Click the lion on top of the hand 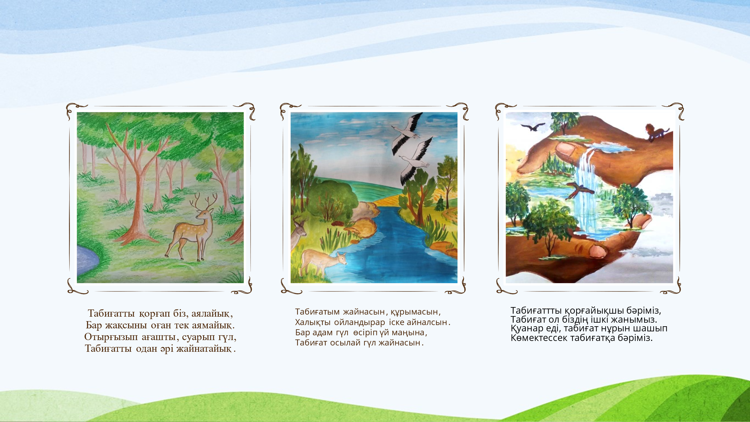pos(657,132)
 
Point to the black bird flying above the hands pos(533,127)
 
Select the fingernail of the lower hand pos(598,251)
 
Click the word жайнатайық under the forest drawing pos(204,349)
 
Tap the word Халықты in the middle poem pos(313,322)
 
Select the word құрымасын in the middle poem pos(414,312)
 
